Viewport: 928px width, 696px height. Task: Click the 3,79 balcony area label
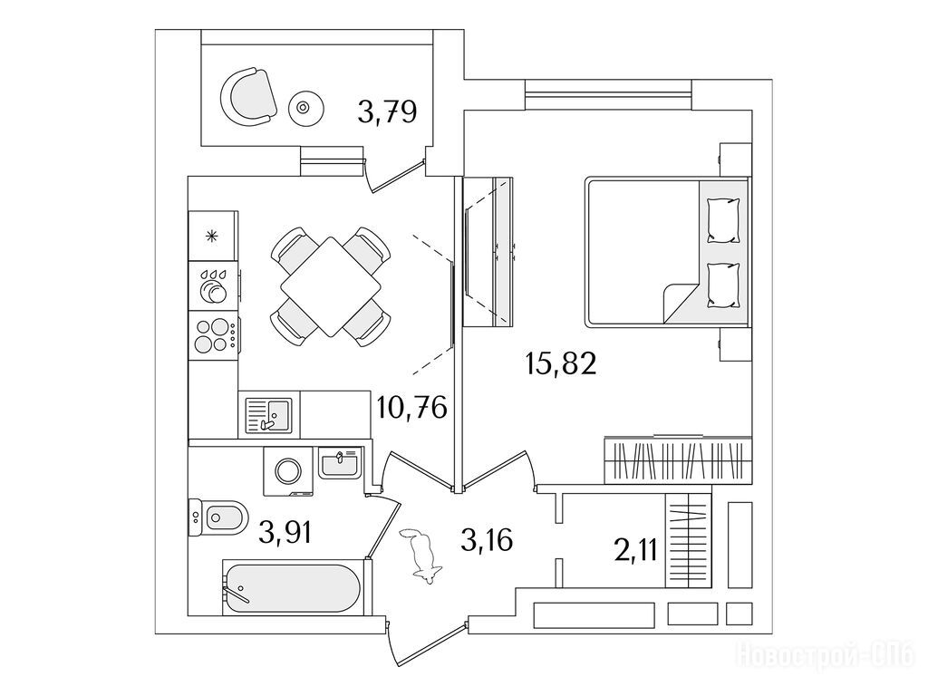pyautogui.click(x=388, y=111)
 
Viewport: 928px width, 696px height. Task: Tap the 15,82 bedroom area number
pyautogui.click(x=560, y=363)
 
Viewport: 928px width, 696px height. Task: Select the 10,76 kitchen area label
pyautogui.click(x=412, y=407)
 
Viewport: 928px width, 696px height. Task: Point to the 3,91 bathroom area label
pyautogui.click(x=285, y=533)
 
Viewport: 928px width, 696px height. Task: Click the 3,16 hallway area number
pyautogui.click(x=487, y=540)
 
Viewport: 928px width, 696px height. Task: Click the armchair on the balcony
pyautogui.click(x=248, y=96)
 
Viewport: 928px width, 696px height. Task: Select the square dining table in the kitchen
pyautogui.click(x=331, y=285)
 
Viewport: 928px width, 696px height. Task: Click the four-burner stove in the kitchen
pyautogui.click(x=214, y=335)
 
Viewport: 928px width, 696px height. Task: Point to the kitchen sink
pyautogui.click(x=268, y=414)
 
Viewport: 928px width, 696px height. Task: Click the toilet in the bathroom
pyautogui.click(x=217, y=518)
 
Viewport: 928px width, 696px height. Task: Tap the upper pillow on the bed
pyautogui.click(x=724, y=219)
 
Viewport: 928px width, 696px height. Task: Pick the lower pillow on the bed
pyautogui.click(x=724, y=285)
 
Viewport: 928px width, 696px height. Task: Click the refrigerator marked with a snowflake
pyautogui.click(x=213, y=236)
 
